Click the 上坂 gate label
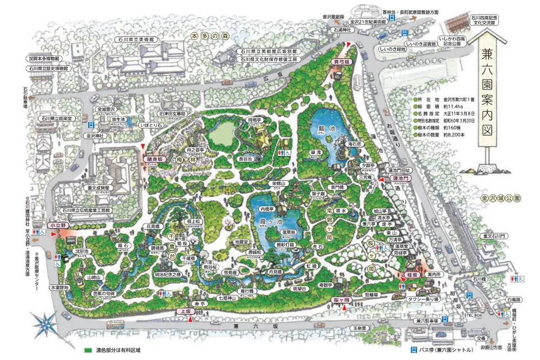tap(185, 311)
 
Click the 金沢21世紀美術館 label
tap(368, 22)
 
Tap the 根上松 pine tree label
tap(194, 221)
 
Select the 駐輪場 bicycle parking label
tap(372, 295)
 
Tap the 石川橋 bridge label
tap(478, 280)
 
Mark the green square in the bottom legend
tap(87, 350)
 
